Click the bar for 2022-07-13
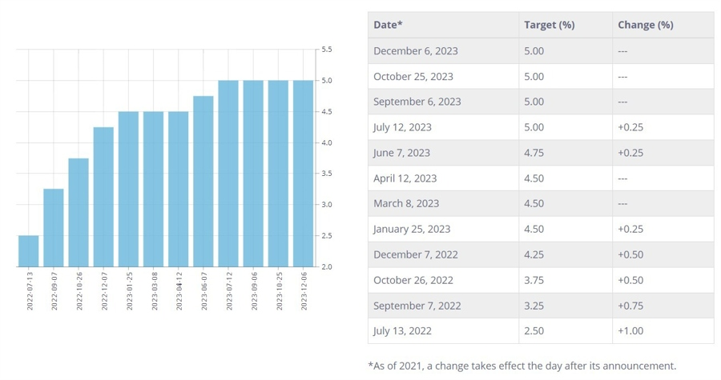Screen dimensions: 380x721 28,251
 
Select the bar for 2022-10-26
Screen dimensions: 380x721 79,213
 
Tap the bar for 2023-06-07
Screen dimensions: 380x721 203,182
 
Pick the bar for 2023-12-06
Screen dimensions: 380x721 303,174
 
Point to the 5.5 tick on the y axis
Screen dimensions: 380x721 327,50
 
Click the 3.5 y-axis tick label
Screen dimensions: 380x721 327,174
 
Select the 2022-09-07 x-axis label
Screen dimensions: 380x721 54,290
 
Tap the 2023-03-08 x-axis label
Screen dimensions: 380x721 154,290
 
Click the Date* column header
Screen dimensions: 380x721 388,25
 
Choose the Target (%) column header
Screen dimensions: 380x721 549,25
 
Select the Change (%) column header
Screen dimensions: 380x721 645,25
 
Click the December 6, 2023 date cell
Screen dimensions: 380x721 416,51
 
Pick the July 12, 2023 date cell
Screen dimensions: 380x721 402,127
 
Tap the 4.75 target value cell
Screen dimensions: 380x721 534,153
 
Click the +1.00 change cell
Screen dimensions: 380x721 630,331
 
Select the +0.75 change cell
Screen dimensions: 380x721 630,306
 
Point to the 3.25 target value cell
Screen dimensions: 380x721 534,306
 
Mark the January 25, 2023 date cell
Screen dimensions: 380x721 412,229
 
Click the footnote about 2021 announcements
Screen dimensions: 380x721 522,366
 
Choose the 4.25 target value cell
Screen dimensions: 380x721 534,254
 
